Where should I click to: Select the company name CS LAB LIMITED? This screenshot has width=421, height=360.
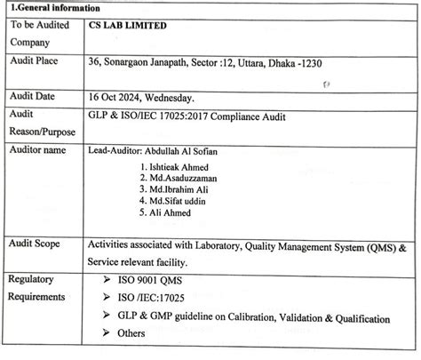click(x=130, y=26)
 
